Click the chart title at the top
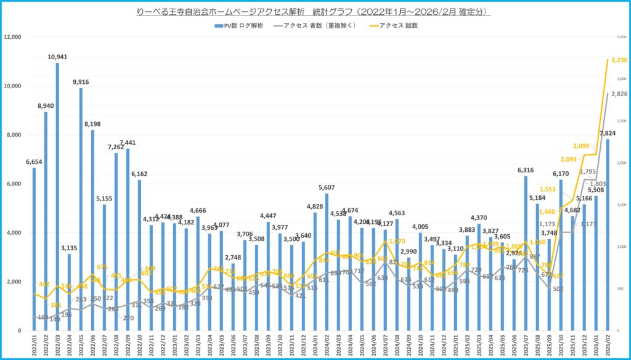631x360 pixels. tap(315, 12)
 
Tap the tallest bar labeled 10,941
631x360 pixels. tap(57, 197)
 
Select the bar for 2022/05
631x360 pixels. tap(80, 210)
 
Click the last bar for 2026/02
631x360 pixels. tap(608, 234)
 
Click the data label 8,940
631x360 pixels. tap(46, 105)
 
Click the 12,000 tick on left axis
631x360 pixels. tap(13, 37)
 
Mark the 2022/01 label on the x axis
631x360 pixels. tap(34, 345)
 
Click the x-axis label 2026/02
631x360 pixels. tap(608, 345)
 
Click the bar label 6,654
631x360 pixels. tap(34, 162)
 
